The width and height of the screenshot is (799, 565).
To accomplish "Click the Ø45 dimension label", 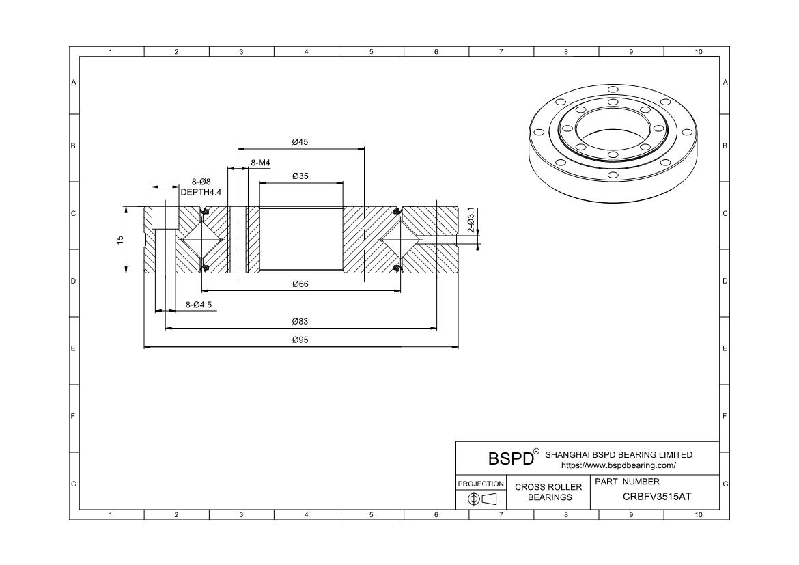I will (x=300, y=142).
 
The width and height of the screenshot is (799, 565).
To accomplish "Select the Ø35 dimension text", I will (x=300, y=176).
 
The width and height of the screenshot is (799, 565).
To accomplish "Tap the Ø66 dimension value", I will (x=300, y=284).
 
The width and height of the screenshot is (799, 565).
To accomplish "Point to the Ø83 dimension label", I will (x=300, y=321).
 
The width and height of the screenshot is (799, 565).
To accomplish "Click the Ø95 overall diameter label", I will (x=300, y=340).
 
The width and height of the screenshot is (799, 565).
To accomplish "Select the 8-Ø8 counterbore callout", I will (x=201, y=182).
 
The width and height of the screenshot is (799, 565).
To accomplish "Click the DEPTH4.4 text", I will (x=201, y=193).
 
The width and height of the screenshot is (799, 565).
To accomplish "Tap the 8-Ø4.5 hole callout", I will (x=199, y=305).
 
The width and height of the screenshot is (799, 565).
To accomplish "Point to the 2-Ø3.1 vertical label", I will (x=471, y=220).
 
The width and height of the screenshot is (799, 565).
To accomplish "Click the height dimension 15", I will (x=120, y=240).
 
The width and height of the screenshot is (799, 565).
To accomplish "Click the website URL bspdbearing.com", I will (x=618, y=466).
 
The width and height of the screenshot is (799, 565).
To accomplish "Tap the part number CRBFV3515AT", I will (x=657, y=497).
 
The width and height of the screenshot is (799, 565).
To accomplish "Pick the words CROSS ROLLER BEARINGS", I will (x=548, y=492).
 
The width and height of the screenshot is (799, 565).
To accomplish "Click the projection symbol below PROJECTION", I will (x=481, y=499).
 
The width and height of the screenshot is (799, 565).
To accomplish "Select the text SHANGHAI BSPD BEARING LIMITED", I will (x=619, y=455).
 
